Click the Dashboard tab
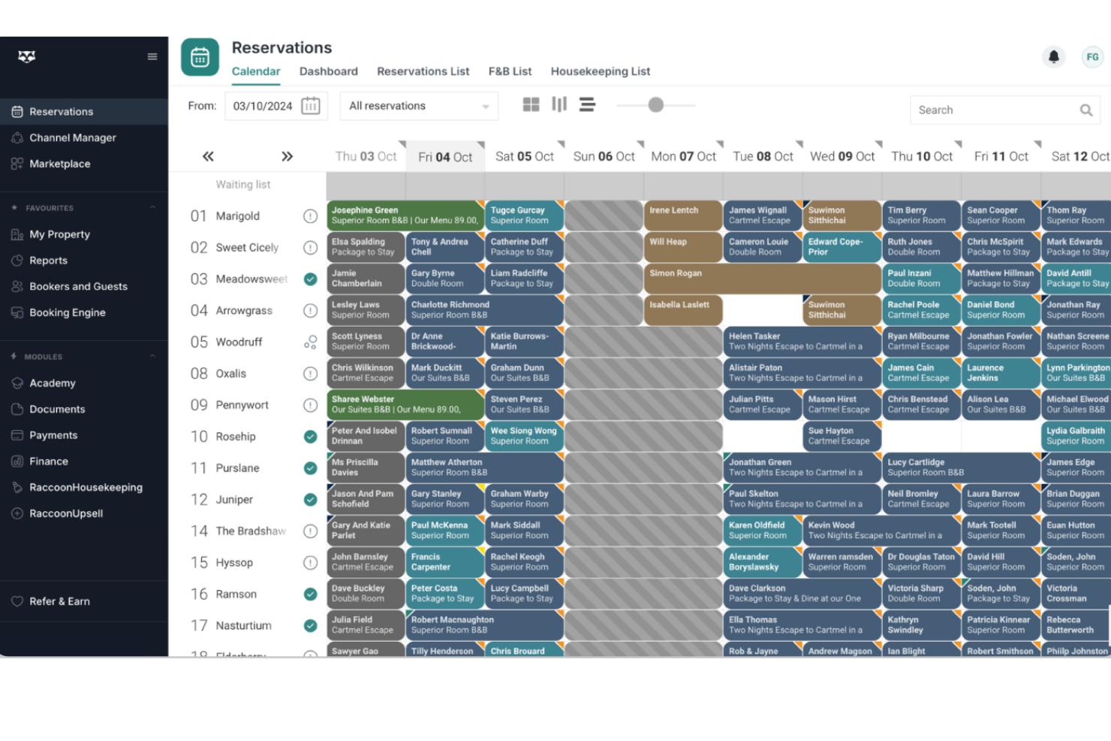[x=328, y=71]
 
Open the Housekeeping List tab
[x=600, y=71]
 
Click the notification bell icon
[x=1053, y=56]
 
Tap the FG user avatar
[x=1092, y=56]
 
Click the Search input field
[x=995, y=110]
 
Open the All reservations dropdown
[x=418, y=107]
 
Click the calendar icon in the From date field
[x=310, y=106]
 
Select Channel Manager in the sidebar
[x=72, y=137]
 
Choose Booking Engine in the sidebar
[x=67, y=312]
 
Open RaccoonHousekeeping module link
[x=86, y=487]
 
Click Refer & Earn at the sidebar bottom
[x=59, y=601]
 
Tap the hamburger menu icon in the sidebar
[x=152, y=56]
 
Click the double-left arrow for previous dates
[x=208, y=156]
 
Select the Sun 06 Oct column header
[x=604, y=156]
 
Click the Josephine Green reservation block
[x=405, y=215]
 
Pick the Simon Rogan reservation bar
[x=762, y=279]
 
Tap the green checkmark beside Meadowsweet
[x=310, y=279]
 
